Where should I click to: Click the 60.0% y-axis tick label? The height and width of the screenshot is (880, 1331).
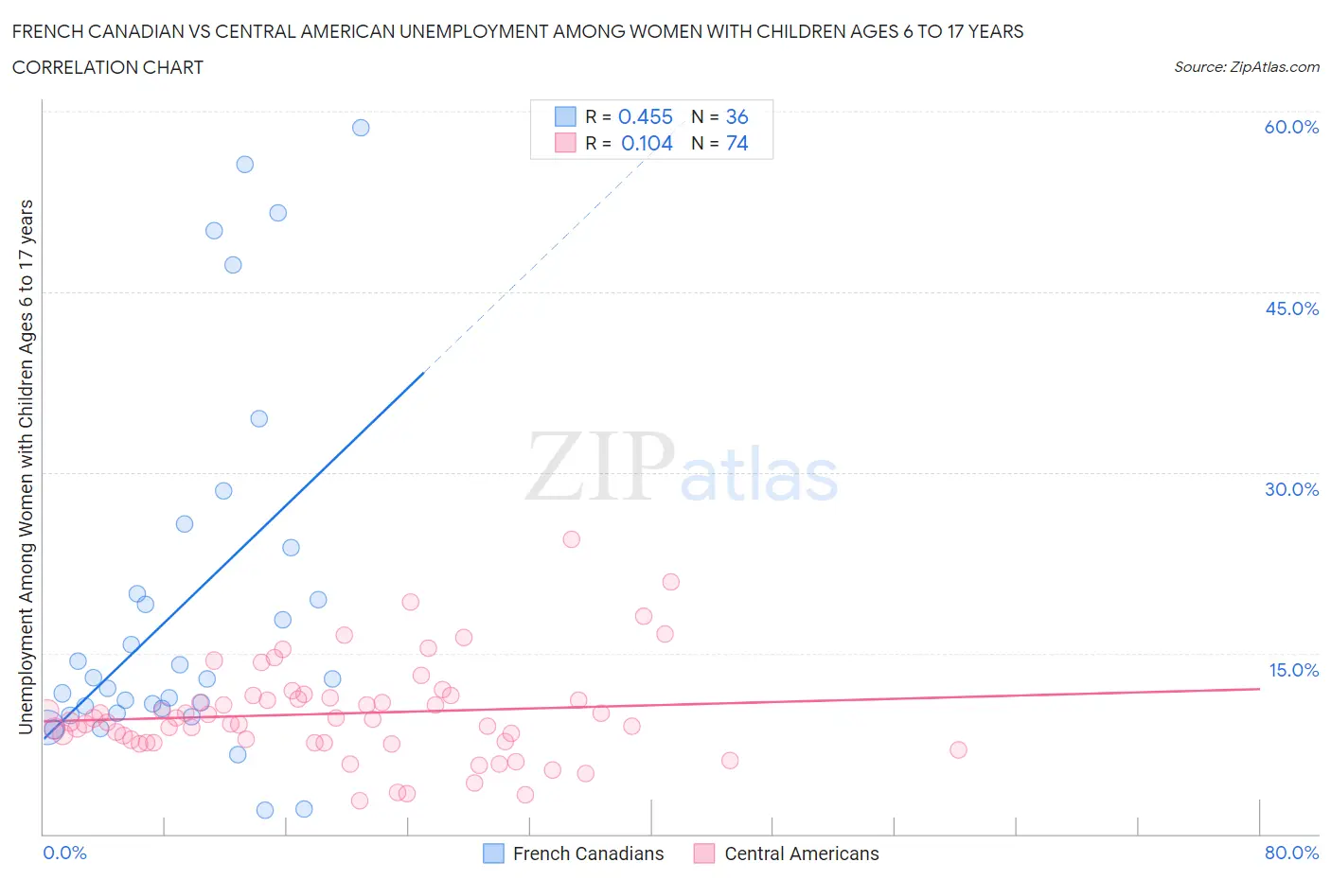1291,127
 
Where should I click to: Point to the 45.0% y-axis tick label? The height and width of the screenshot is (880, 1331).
1291,308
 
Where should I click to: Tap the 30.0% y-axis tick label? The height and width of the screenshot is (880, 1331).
1291,489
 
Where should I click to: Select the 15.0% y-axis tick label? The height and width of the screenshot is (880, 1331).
1293,670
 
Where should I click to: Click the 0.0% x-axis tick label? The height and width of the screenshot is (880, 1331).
64,853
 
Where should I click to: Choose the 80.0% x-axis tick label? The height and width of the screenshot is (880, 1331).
1291,853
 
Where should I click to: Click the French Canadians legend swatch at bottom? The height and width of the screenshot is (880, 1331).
493,854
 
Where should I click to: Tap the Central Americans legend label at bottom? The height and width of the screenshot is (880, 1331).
801,854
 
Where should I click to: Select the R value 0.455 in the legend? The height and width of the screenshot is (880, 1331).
645,116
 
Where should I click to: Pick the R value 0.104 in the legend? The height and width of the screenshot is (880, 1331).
647,143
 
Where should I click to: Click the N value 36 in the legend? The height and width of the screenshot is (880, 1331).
736,116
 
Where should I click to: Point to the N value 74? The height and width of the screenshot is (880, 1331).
736,143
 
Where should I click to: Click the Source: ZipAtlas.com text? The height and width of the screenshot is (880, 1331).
1246,66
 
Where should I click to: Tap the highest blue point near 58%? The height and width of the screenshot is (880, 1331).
361,128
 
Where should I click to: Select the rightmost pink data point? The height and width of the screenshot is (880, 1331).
958,749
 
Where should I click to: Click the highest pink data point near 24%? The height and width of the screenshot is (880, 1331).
571,539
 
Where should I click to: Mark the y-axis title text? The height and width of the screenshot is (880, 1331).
26,466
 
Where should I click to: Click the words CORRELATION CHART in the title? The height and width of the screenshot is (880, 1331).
107,67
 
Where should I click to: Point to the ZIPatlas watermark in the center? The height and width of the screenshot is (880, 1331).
682,466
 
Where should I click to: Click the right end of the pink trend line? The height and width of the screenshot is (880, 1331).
1259,689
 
